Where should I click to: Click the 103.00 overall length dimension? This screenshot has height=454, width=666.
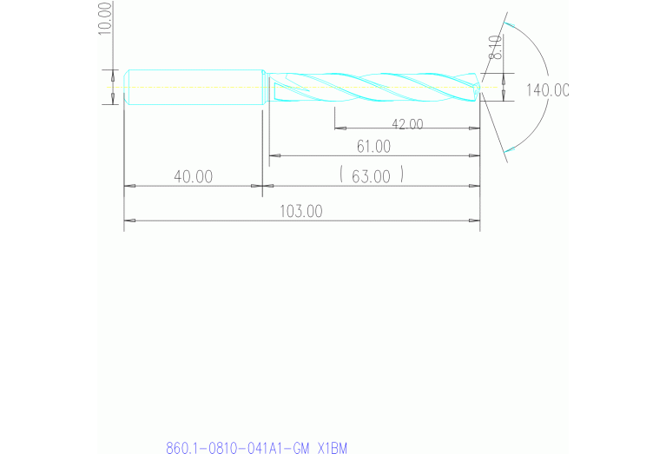[301, 211]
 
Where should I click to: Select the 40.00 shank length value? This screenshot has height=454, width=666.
[193, 176]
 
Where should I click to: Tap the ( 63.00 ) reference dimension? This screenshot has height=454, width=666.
[371, 176]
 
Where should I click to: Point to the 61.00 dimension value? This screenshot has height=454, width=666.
[373, 147]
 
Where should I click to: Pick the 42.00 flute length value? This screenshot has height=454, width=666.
[406, 124]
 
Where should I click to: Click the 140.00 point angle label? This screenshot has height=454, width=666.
[546, 89]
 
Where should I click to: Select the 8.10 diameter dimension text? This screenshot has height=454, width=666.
[495, 46]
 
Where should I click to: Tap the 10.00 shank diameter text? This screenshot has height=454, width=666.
[105, 17]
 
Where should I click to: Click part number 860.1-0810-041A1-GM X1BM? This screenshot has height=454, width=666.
[256, 448]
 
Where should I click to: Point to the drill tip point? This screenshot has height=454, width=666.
[482, 87]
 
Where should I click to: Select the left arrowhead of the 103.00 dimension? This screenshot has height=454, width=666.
[129, 220]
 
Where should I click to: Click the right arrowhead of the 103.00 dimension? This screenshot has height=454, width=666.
[475, 220]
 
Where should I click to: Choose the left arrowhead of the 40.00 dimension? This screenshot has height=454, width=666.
[129, 186]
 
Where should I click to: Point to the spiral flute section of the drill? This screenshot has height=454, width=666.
[373, 87]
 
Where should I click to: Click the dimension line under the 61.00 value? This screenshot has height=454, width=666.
[373, 156]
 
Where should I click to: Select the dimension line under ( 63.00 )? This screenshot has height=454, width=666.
[373, 186]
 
